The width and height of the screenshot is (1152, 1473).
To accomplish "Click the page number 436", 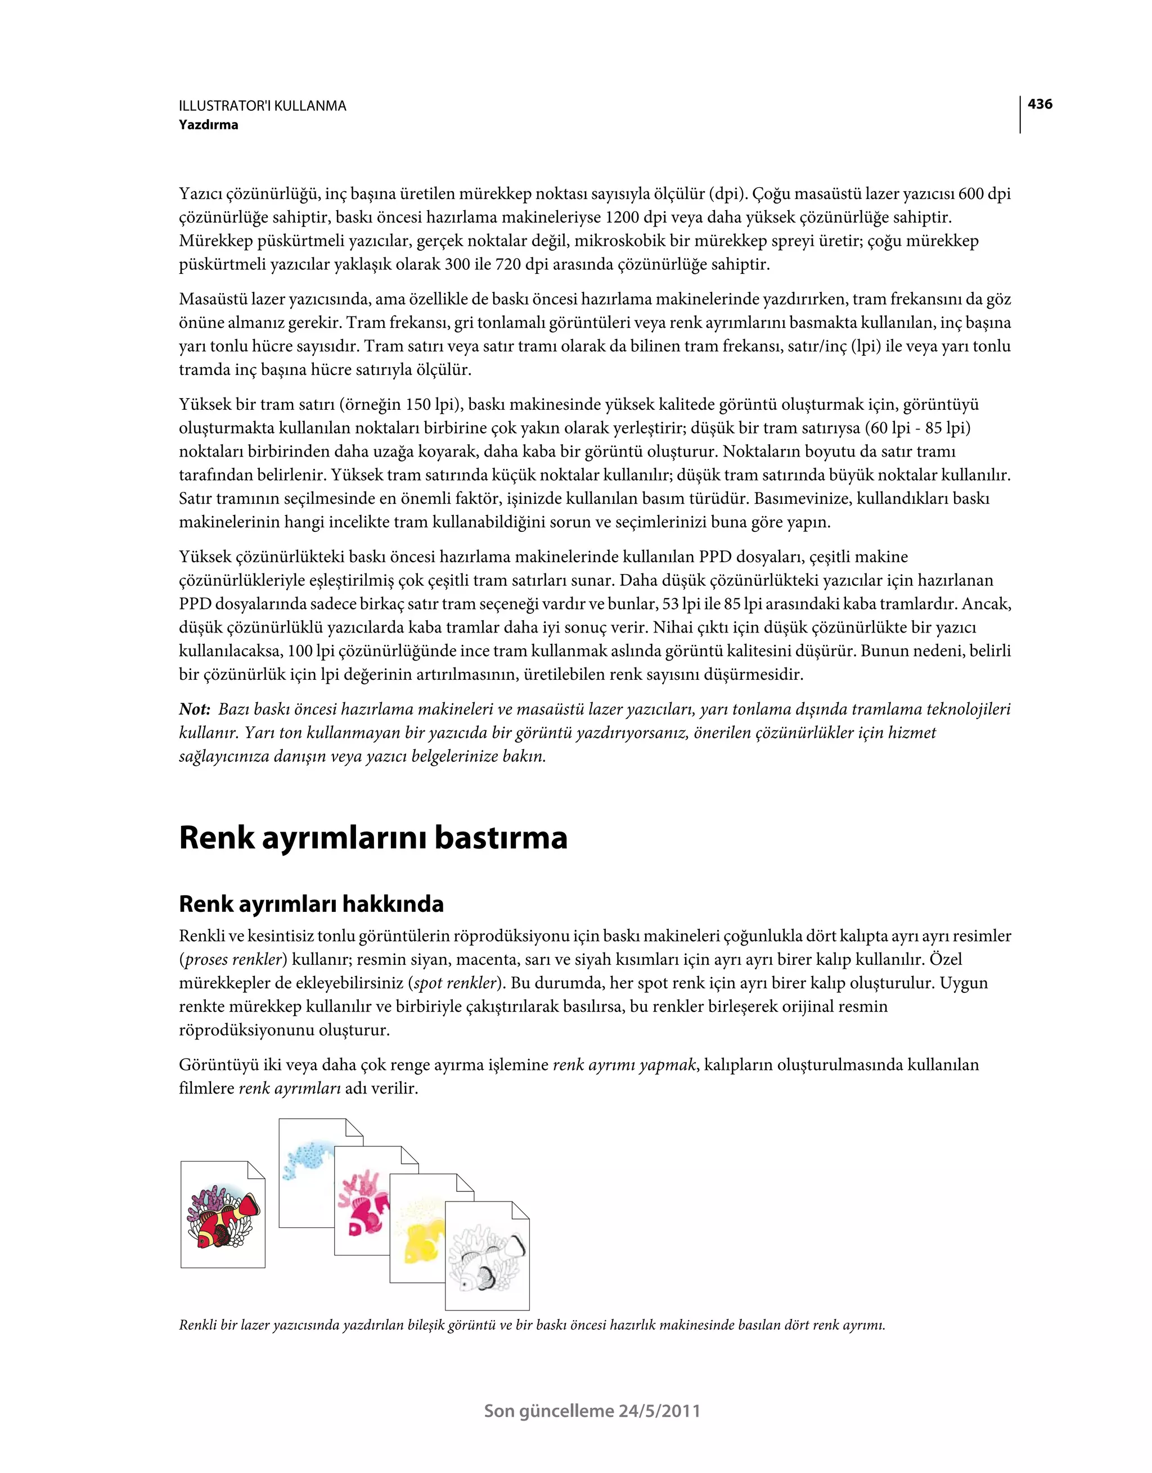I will point(1039,104).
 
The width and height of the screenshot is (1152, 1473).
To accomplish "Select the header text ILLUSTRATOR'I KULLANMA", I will point(263,106).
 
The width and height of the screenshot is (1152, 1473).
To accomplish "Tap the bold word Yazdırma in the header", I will point(209,125).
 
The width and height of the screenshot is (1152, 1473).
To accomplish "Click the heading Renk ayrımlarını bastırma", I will point(373,838).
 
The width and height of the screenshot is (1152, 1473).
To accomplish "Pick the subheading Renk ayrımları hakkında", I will point(311,904).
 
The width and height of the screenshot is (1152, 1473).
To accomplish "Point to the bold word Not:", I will point(195,709).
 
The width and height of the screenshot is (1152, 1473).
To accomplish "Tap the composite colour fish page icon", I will point(223,1214).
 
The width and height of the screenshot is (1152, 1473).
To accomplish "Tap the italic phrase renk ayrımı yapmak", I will point(624,1065).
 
